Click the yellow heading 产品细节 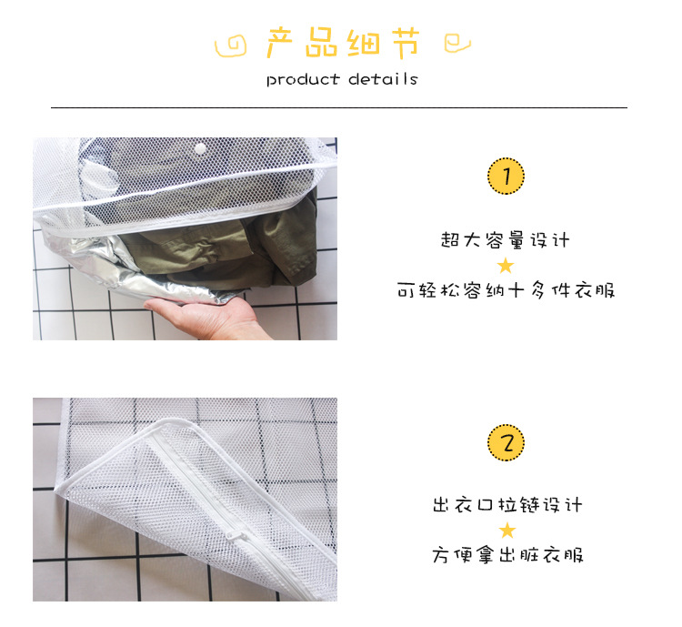343,43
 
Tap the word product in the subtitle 303,79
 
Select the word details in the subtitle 382,79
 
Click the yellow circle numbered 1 506,176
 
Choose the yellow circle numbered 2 506,443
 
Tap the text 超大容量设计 506,240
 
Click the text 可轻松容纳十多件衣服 506,291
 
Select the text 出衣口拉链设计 506,505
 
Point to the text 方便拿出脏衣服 506,555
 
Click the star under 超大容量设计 506,266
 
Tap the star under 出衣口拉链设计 506,531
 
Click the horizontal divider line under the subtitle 338,107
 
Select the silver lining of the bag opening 136,264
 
